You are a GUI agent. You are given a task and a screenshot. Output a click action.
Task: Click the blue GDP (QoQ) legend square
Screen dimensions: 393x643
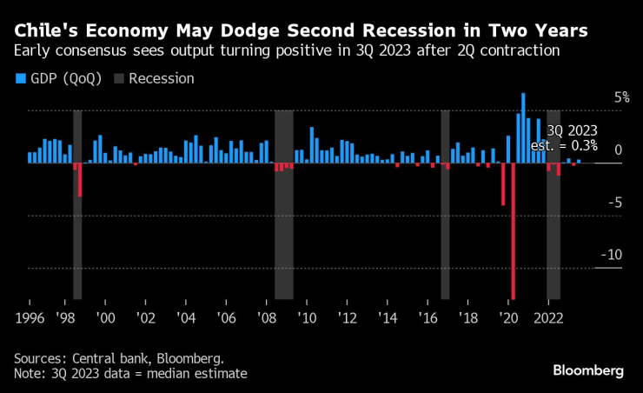20,79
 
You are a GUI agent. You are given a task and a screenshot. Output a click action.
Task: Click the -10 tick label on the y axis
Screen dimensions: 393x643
613,255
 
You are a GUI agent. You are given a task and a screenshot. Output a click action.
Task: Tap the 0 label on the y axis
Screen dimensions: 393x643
618,150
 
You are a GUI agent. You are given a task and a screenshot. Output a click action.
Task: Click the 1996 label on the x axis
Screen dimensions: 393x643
30,318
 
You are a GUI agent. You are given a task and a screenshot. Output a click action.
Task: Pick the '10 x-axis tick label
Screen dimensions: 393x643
306,318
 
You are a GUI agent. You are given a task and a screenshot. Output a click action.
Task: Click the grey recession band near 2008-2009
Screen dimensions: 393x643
284,204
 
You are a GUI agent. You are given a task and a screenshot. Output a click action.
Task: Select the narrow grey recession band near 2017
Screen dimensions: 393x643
445,204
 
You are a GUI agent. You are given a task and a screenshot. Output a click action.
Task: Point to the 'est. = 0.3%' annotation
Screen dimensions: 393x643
564,145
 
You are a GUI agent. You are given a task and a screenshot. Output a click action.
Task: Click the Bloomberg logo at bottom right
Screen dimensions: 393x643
587,371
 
